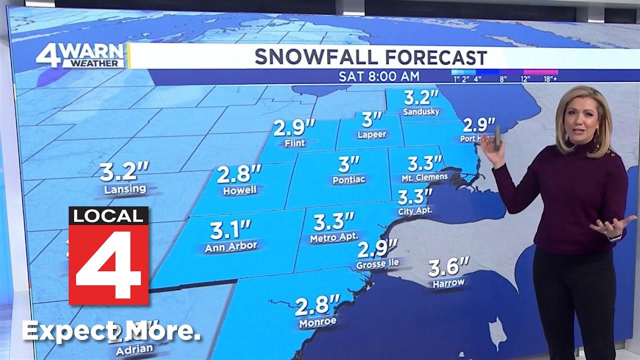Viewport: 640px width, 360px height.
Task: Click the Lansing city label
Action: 125,189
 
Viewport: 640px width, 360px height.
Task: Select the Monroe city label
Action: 317,322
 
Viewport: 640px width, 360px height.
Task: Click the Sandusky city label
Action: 421,112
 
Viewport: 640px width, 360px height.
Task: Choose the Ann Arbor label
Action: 231,246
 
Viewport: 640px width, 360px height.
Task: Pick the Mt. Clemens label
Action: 424,177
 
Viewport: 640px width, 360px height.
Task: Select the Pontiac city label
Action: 349,179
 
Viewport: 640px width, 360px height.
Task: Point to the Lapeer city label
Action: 371,135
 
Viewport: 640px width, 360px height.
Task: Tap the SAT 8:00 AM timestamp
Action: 379,76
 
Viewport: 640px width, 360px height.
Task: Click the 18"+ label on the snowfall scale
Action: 550,79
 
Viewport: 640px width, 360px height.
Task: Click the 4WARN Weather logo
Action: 80,55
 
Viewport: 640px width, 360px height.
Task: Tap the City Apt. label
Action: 415,211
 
